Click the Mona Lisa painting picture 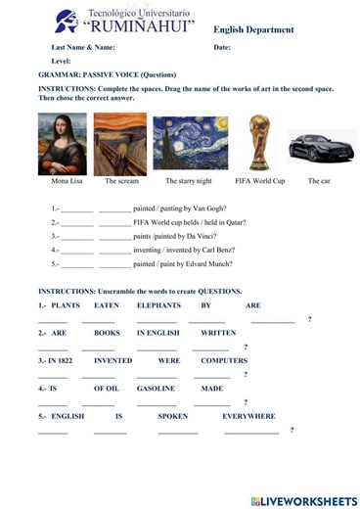(x=62, y=144)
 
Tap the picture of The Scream (x=119, y=144)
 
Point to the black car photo (x=321, y=147)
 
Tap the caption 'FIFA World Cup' (x=259, y=181)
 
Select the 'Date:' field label (x=222, y=47)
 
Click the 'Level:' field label (x=62, y=61)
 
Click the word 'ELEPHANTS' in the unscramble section (x=157, y=305)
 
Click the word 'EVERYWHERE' (x=248, y=415)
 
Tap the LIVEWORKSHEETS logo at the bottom (x=303, y=500)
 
